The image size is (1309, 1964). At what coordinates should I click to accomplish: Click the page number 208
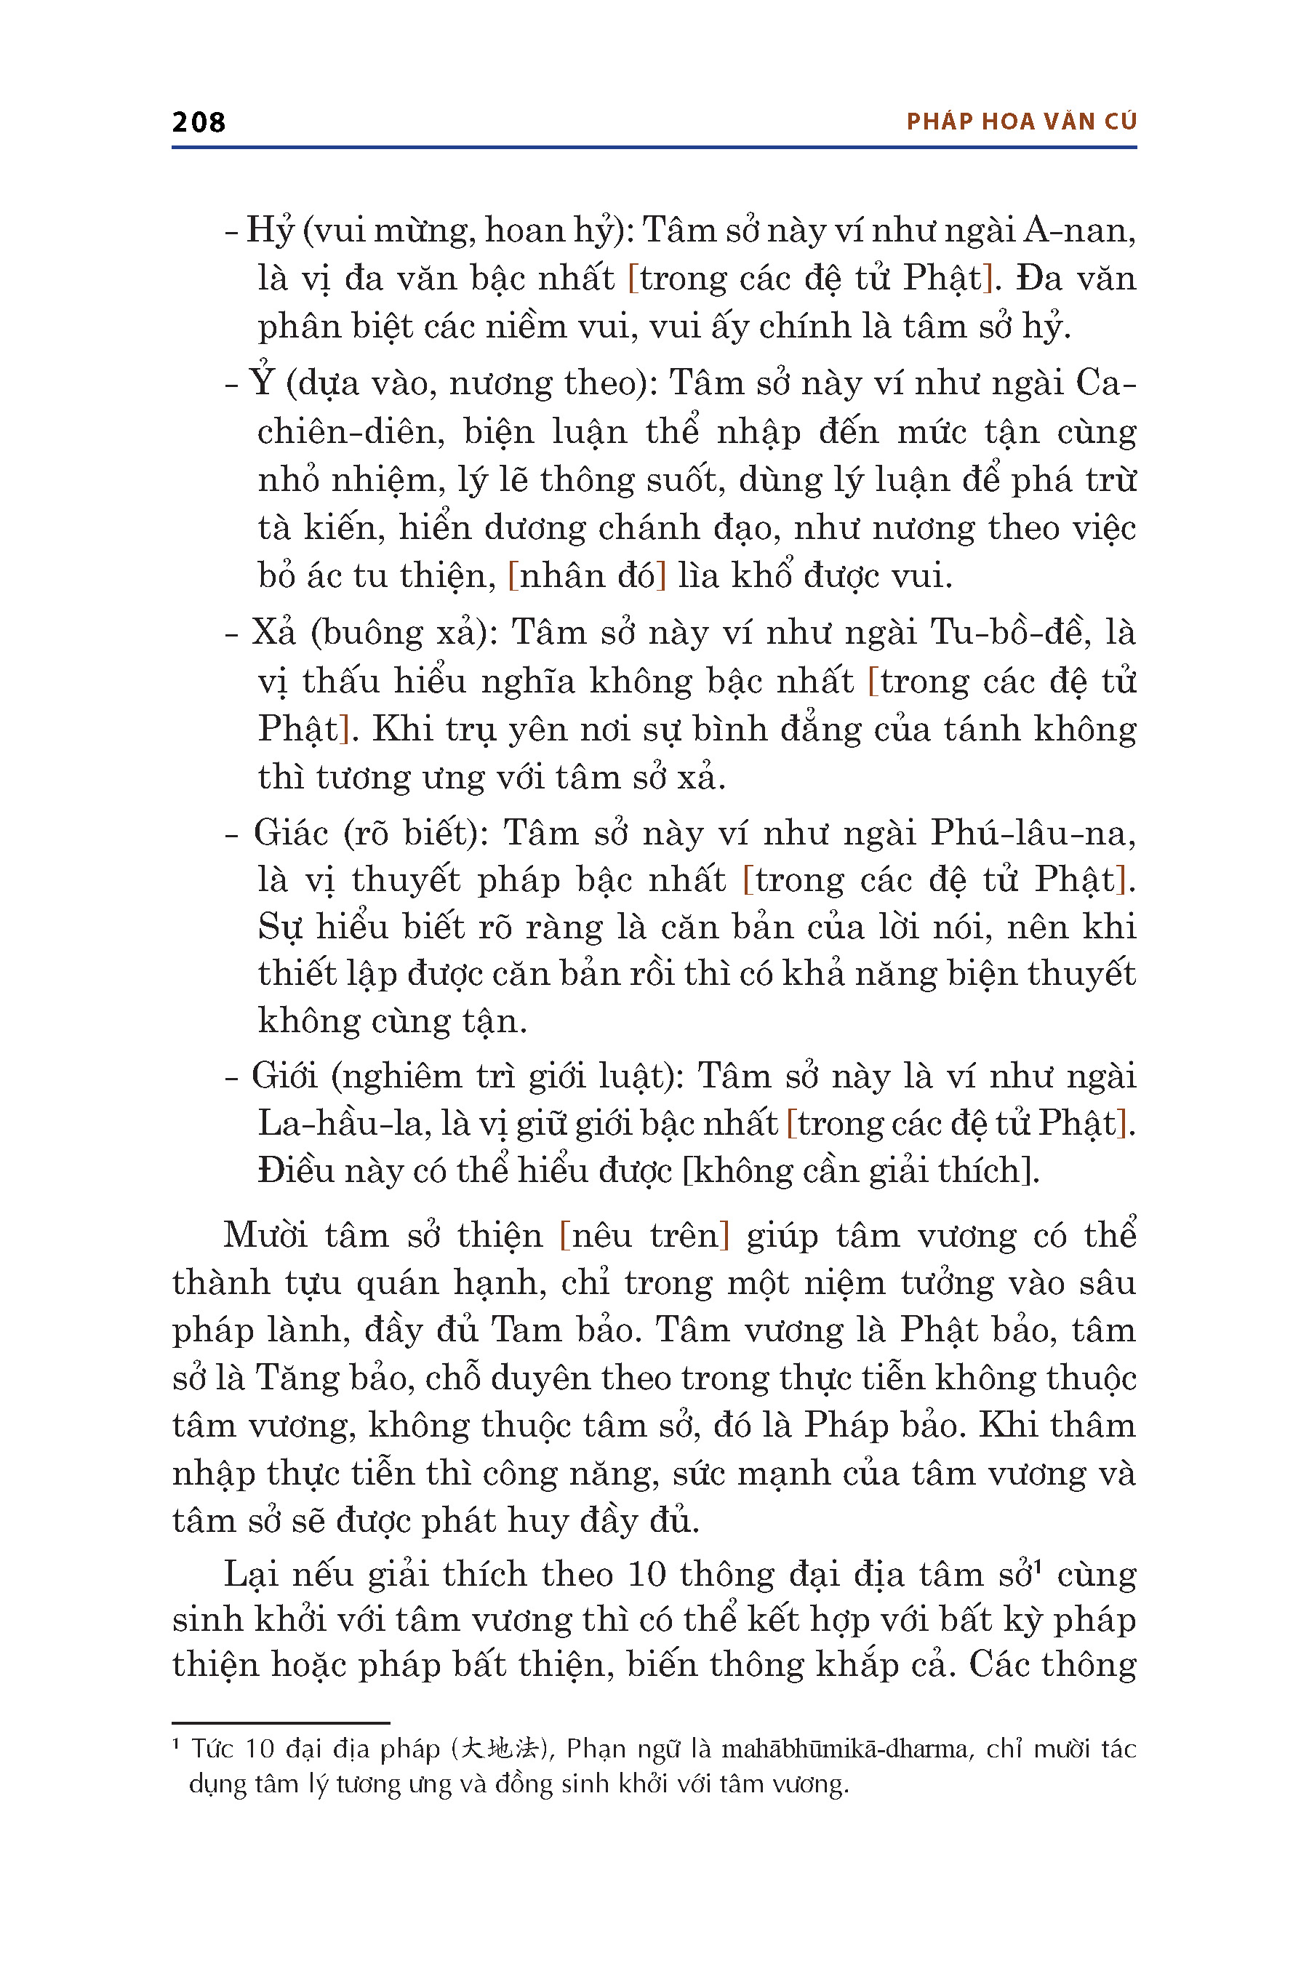click(199, 122)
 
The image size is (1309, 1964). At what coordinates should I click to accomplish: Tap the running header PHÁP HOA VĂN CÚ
click(1021, 122)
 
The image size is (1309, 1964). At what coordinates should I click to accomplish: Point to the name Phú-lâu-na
click(1033, 833)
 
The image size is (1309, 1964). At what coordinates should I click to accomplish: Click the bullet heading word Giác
click(292, 833)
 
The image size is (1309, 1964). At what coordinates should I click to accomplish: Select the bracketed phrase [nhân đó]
click(587, 576)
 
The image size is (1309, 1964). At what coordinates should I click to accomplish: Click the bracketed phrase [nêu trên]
click(644, 1235)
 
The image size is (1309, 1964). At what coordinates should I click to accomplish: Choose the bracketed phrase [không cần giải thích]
click(860, 1170)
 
